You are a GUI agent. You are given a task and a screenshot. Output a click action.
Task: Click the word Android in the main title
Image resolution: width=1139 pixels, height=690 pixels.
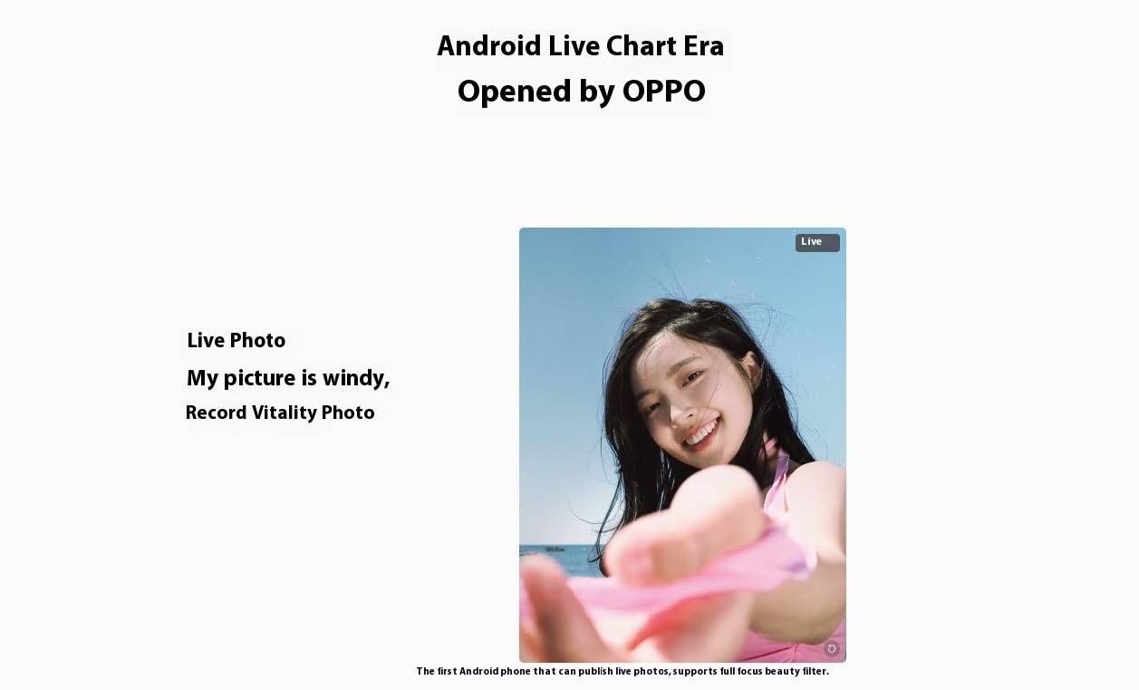coord(489,46)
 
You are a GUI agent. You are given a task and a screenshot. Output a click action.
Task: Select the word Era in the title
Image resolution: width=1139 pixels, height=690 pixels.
coord(703,46)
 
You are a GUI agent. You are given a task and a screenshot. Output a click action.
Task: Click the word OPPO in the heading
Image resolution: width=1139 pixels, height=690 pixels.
coord(663,92)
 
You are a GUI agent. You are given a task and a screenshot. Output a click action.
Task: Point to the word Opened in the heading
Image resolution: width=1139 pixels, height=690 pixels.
coord(515,92)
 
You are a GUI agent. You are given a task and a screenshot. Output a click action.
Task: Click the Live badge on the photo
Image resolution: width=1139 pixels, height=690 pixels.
coord(817,243)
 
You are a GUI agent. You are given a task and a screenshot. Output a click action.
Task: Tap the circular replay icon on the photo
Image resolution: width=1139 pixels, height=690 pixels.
coord(831,648)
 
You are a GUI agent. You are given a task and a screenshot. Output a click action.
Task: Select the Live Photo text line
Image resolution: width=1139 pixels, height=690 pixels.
coord(236,340)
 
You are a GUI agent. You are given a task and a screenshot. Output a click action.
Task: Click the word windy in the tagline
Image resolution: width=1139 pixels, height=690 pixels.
coord(356,378)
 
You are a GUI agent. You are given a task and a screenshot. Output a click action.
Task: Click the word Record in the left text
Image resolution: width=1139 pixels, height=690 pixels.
coord(216,413)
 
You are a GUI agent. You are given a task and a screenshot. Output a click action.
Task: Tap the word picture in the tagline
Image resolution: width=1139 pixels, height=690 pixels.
coord(259,379)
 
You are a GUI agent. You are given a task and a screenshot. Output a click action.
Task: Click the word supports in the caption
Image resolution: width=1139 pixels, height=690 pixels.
coord(694,671)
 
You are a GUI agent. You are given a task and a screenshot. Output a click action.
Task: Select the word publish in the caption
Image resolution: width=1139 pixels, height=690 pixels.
coord(595,671)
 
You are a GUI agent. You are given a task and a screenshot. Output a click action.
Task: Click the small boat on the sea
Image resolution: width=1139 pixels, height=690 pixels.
coord(555,549)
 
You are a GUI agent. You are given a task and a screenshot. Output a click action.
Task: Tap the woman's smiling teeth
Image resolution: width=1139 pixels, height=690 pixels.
coord(702,433)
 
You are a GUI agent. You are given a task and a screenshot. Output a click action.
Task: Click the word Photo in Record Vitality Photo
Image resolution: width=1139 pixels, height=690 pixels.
coord(348,413)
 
